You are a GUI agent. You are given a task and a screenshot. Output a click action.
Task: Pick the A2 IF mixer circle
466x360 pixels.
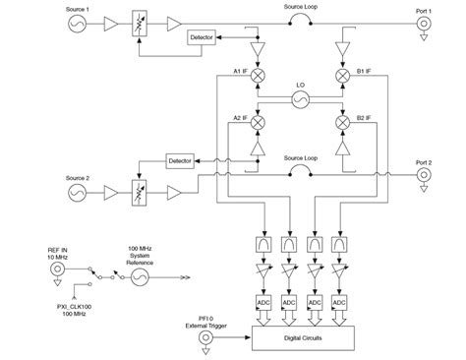coord(260,122)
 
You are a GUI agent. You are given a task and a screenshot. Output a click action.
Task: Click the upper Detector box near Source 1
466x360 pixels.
coord(202,37)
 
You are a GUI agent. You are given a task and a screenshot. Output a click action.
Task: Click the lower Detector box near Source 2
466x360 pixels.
coord(181,159)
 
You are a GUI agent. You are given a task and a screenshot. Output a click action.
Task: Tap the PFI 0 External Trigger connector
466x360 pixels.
coord(207,337)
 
